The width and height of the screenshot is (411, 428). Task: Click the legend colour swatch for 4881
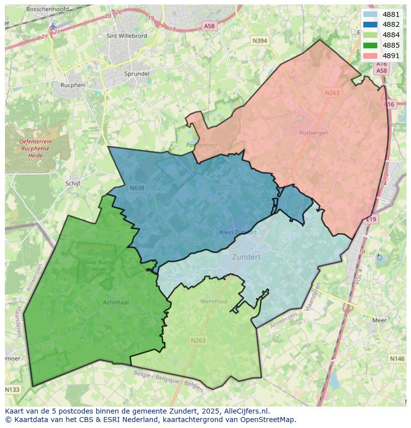(x=370, y=14)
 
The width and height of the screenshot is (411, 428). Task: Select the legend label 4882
(x=391, y=24)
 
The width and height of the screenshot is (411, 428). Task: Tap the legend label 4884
(x=391, y=35)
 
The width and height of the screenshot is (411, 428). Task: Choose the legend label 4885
(x=391, y=45)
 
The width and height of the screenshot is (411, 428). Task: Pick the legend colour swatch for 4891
(x=370, y=56)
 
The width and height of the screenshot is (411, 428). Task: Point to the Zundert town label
(x=246, y=257)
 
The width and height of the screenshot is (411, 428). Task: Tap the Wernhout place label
(x=214, y=301)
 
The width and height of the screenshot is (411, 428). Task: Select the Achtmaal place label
(x=116, y=302)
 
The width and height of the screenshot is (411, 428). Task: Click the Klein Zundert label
(x=238, y=232)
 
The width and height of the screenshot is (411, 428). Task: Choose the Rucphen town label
(x=72, y=85)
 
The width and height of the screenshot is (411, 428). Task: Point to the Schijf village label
(x=72, y=183)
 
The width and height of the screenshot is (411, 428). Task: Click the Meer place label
(x=379, y=321)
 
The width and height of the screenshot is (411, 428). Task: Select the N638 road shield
(x=137, y=188)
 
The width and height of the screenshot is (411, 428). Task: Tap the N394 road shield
(x=260, y=41)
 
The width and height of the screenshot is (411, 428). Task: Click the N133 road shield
(x=13, y=390)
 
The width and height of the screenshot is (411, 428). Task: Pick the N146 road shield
(x=397, y=358)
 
